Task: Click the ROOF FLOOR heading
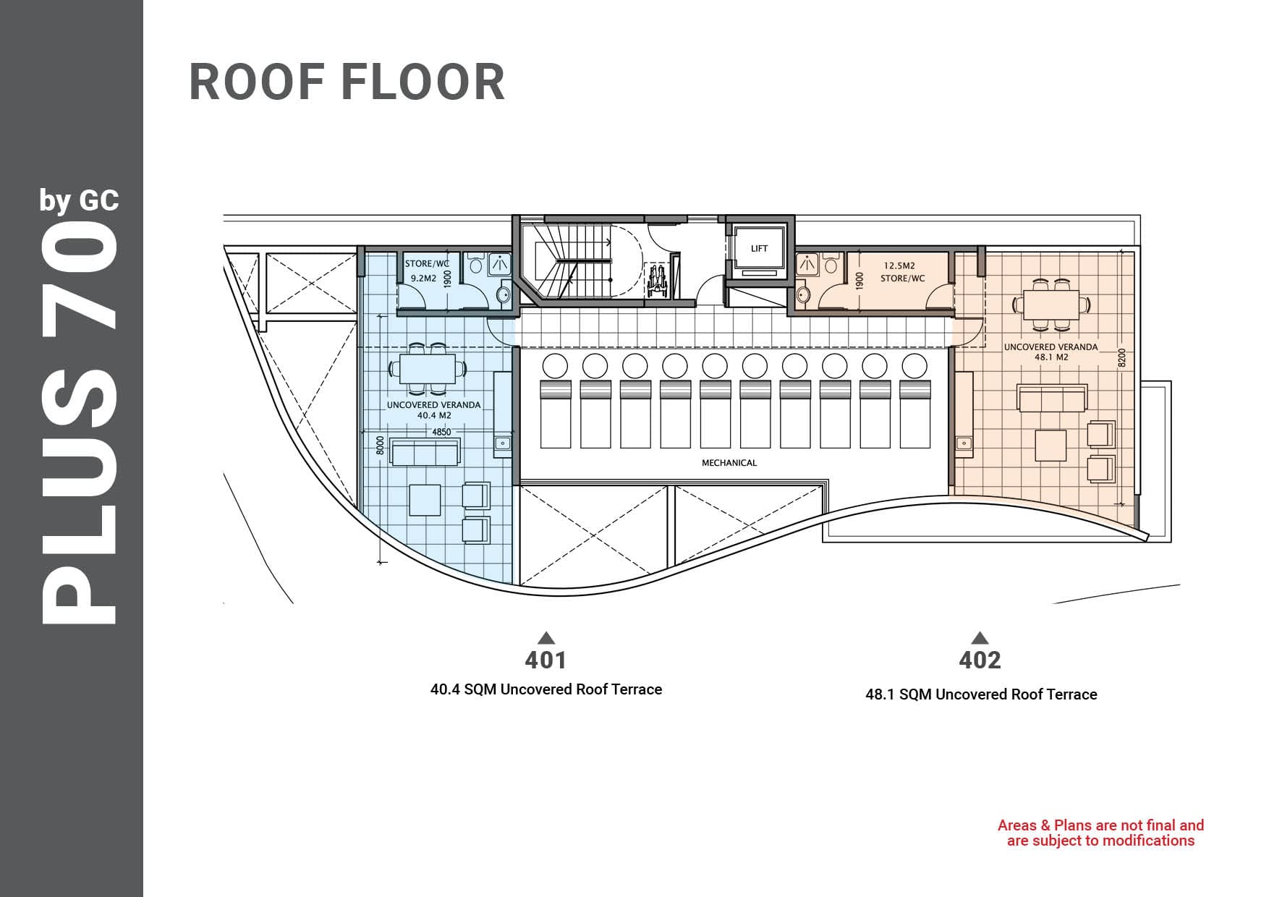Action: (x=347, y=82)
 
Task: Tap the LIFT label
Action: (x=759, y=249)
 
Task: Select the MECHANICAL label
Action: (x=729, y=463)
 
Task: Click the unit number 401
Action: (x=546, y=660)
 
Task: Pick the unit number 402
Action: (x=980, y=660)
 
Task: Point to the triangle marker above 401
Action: (x=546, y=637)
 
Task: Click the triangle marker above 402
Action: (x=980, y=637)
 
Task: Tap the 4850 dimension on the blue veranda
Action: (x=441, y=433)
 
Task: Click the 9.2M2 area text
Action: (x=423, y=278)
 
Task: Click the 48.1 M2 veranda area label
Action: (x=1051, y=357)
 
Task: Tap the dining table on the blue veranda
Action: (x=427, y=369)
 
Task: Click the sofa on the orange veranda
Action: (x=1052, y=399)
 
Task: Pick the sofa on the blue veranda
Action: (x=425, y=452)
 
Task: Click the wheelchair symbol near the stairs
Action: (x=659, y=279)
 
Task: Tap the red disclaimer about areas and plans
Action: (x=1100, y=833)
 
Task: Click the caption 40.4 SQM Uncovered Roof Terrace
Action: (x=546, y=689)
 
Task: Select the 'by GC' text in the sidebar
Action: (x=80, y=200)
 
